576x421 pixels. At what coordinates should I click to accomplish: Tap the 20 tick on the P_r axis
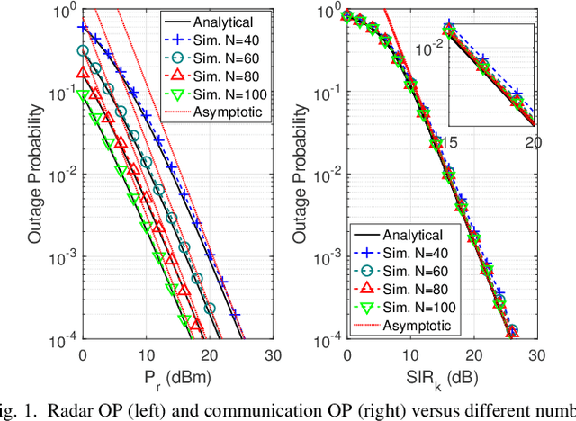pos(206,354)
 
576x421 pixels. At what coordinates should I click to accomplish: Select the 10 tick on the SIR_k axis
pos(409,354)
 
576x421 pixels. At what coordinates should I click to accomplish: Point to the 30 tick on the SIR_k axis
pos(534,354)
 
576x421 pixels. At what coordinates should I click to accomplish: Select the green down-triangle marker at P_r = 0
pos(83,94)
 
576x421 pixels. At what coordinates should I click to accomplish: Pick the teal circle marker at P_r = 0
pos(83,51)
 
